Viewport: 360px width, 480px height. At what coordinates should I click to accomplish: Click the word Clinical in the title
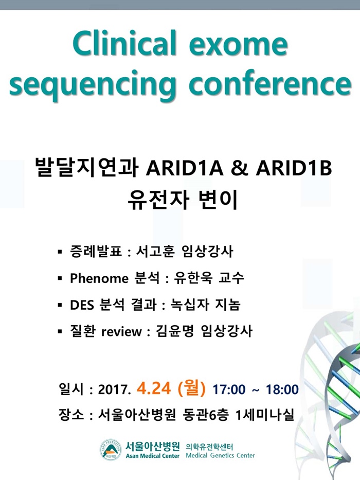(125, 43)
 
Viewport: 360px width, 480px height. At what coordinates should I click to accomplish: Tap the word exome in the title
(239, 45)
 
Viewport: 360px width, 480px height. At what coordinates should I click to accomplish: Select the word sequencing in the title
(93, 84)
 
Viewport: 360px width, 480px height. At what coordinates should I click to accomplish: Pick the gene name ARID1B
(294, 168)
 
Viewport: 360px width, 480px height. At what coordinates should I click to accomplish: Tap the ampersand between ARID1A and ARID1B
(240, 168)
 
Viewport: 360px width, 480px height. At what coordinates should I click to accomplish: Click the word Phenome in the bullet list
(99, 278)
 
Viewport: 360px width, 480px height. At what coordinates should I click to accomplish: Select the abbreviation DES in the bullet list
(82, 305)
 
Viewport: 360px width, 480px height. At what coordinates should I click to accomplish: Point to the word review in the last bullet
(121, 331)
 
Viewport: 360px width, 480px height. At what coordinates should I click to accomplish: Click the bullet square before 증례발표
(60, 252)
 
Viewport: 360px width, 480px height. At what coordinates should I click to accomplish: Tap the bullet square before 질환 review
(60, 331)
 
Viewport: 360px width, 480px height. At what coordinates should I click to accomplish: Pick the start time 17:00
(229, 389)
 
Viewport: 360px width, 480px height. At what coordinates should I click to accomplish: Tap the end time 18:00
(282, 389)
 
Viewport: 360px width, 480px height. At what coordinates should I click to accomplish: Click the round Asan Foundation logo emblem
(111, 450)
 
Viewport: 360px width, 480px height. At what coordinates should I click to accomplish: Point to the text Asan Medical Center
(152, 456)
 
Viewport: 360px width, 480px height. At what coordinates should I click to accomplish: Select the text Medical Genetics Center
(221, 455)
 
